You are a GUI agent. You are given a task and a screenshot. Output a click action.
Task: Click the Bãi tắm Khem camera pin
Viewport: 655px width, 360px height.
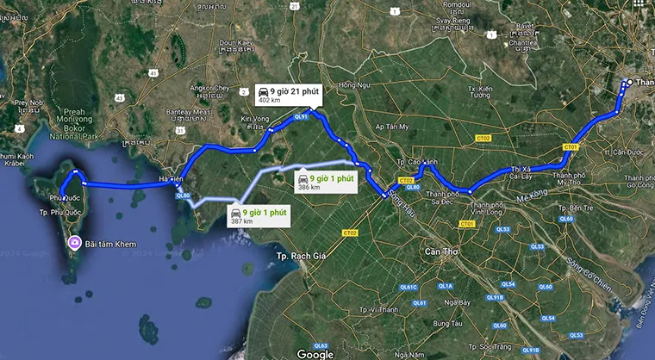coord(75,243)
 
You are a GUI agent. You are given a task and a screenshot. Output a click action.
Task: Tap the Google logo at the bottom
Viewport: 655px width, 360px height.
coord(315,352)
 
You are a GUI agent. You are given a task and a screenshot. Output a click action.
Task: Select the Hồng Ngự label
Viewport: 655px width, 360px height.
coord(353,84)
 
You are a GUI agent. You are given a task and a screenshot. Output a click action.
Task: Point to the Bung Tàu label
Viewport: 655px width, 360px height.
coord(447,323)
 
